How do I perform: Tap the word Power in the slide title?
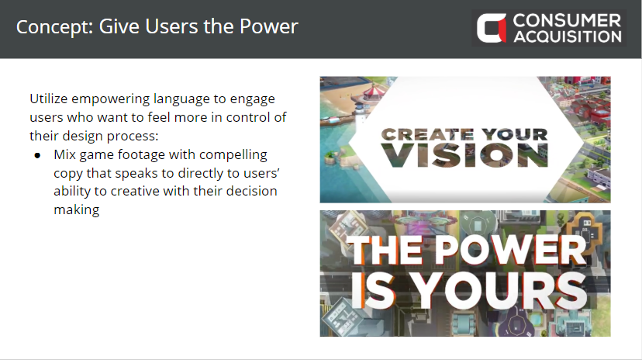coord(268,26)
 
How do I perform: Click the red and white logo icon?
coord(492,28)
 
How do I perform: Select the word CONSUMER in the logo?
coord(567,20)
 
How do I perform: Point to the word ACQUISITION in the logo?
coord(568,36)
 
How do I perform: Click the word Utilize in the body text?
coord(48,99)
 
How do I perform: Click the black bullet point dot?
coord(38,155)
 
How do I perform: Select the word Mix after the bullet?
coord(64,154)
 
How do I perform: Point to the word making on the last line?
coord(77,209)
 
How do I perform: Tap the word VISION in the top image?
coord(464,155)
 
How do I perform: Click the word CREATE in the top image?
coord(427,134)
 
